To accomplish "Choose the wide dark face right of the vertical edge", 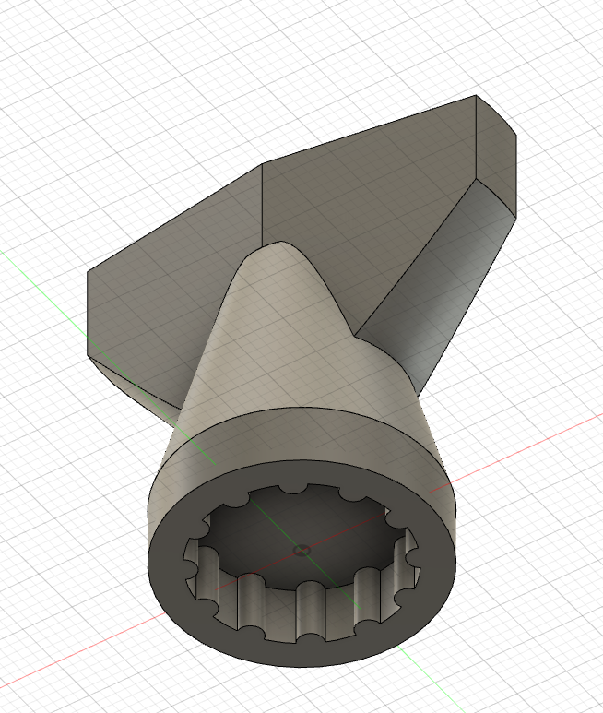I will (x=369, y=203).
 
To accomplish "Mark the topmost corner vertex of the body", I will (x=476, y=96).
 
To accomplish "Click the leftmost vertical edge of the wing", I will (x=89, y=314).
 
